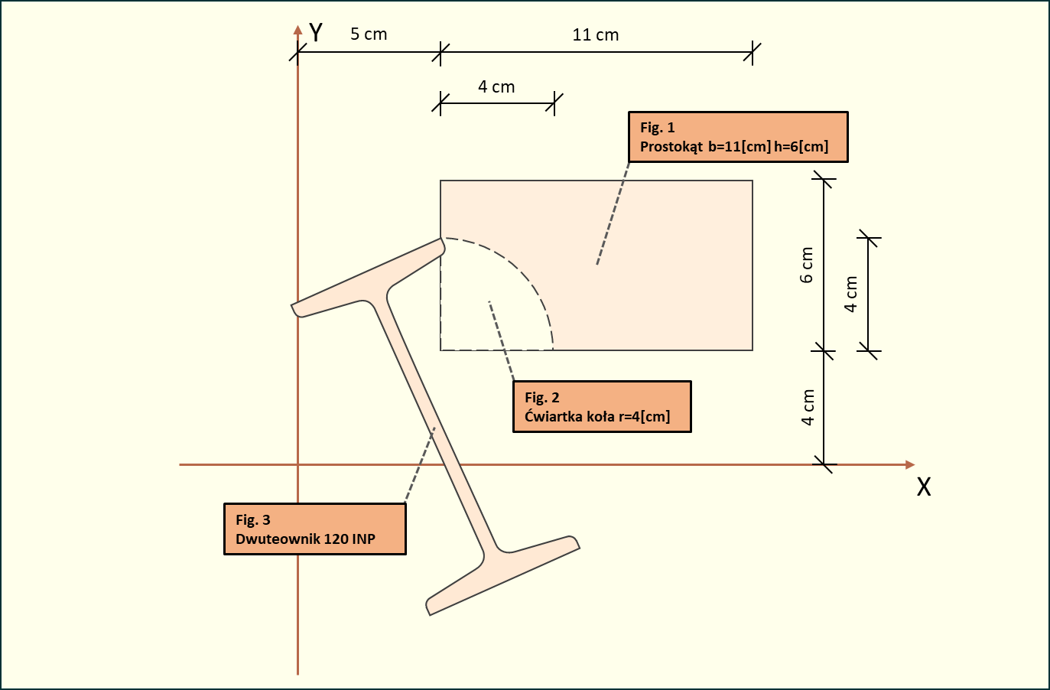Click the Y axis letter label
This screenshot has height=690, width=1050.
pyautogui.click(x=315, y=33)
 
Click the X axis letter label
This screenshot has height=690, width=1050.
pyautogui.click(x=924, y=487)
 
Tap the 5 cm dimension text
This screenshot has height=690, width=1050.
pyautogui.click(x=369, y=34)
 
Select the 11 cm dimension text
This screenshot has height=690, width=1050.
pyautogui.click(x=596, y=35)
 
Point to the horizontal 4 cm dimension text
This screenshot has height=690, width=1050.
pyautogui.click(x=496, y=87)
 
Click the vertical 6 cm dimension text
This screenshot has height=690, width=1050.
pyautogui.click(x=807, y=265)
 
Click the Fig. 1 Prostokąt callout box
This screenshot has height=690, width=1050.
pyautogui.click(x=738, y=137)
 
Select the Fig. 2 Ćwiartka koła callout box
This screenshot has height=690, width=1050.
pyautogui.click(x=602, y=407)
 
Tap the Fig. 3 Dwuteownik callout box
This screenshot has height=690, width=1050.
pyautogui.click(x=314, y=529)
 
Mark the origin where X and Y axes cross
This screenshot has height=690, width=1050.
pyautogui.click(x=298, y=464)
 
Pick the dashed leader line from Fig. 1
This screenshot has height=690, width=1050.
pyautogui.click(x=613, y=214)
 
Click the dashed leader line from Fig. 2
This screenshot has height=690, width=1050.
pyautogui.click(x=502, y=341)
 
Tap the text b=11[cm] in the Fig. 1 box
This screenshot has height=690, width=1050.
pyautogui.click(x=740, y=147)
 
